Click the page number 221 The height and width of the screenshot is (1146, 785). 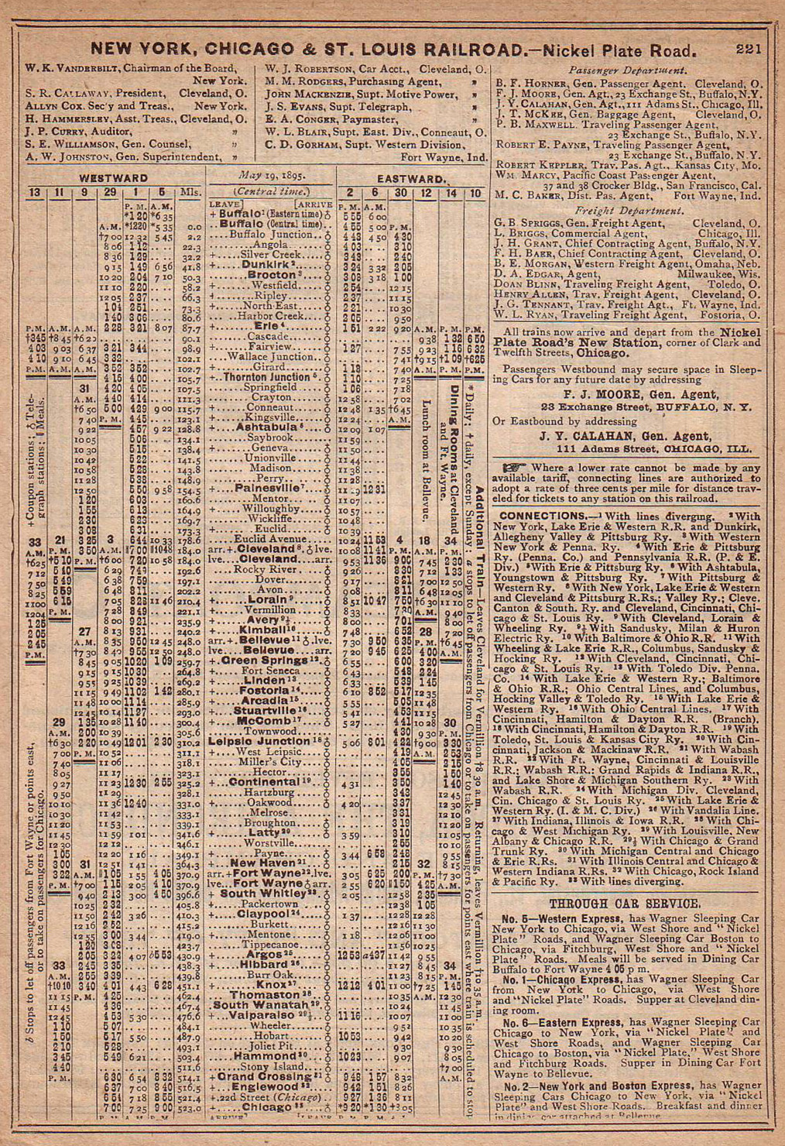(749, 50)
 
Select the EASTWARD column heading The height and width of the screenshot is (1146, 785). (410, 179)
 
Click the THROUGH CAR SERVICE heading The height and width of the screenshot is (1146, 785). (625, 903)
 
